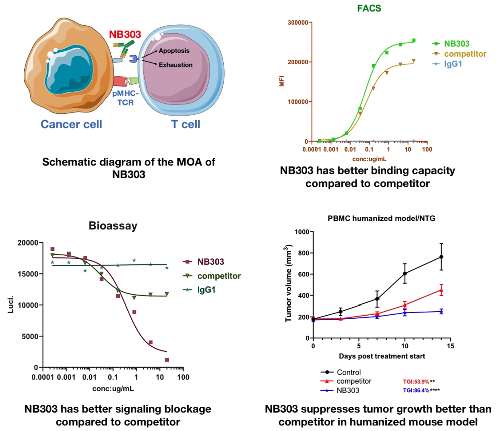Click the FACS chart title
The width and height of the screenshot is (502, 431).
click(369, 8)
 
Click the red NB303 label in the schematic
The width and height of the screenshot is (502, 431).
click(125, 34)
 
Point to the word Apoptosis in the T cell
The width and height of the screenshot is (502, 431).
click(174, 51)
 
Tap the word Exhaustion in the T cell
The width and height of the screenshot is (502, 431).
click(176, 65)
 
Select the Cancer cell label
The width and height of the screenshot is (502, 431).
click(71, 124)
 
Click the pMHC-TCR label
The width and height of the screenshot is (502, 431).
click(125, 98)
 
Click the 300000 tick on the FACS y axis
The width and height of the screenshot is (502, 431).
click(298, 22)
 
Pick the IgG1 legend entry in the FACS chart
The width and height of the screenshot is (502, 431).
click(448, 64)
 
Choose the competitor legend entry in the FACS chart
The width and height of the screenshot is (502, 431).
click(459, 54)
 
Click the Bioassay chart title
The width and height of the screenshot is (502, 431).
click(113, 225)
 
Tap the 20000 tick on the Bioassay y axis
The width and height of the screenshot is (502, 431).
click(28, 243)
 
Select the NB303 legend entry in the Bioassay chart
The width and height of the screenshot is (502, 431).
click(203, 262)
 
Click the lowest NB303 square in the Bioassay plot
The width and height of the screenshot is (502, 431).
click(167, 360)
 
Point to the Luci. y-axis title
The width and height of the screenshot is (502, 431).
click(10, 305)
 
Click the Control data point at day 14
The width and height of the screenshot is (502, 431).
click(441, 257)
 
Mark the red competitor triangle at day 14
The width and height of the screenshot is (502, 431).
click(441, 290)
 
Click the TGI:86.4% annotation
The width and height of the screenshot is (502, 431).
click(416, 390)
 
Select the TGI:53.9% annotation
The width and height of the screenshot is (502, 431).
click(416, 381)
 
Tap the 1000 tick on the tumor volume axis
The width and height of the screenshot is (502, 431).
click(302, 232)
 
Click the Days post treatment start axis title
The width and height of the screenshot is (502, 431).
click(382, 356)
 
